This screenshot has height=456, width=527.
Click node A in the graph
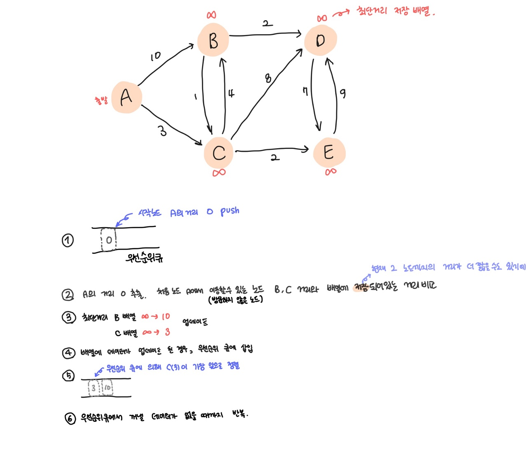point(126,97)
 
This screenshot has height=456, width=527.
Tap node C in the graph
point(219,153)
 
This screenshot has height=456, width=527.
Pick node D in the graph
point(320,40)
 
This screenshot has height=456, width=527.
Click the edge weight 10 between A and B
point(155,56)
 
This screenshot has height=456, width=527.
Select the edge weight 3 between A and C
point(163,131)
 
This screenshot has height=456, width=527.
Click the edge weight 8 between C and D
point(268,78)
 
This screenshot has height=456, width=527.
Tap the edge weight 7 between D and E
point(305,91)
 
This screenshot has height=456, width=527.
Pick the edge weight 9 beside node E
point(343,93)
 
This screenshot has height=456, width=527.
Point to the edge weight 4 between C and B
point(231,93)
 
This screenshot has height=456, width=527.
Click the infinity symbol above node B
point(211,15)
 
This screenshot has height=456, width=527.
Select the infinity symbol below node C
point(219,172)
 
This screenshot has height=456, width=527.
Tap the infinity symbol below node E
point(331,172)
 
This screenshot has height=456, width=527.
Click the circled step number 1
point(68,240)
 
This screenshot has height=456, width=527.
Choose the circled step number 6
point(70,419)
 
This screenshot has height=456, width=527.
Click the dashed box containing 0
point(109,240)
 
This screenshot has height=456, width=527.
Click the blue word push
point(229,211)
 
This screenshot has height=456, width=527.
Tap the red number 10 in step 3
point(166,316)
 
